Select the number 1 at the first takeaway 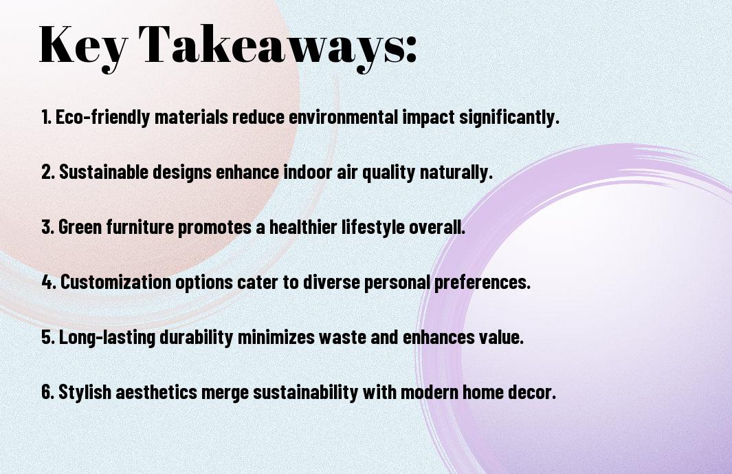pyautogui.click(x=45, y=117)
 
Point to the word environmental pyautogui.click(x=344, y=117)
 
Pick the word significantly pyautogui.click(x=509, y=117)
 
